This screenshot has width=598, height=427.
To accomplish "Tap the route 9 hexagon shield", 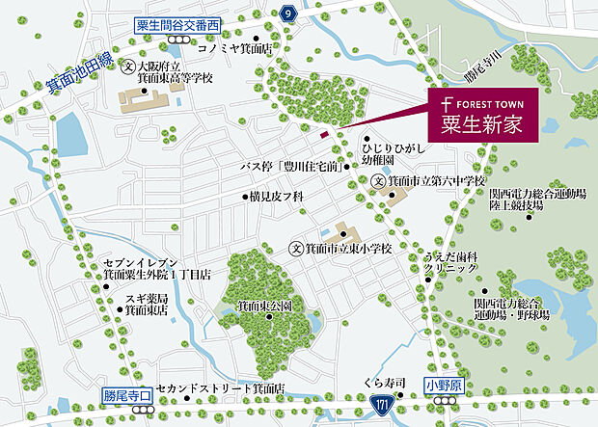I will click(x=287, y=13).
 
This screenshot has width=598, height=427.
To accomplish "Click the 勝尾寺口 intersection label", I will click(x=127, y=394).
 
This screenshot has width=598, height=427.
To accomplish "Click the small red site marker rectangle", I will click(x=324, y=134).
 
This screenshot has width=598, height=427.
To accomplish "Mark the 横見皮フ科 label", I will click(x=275, y=196).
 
